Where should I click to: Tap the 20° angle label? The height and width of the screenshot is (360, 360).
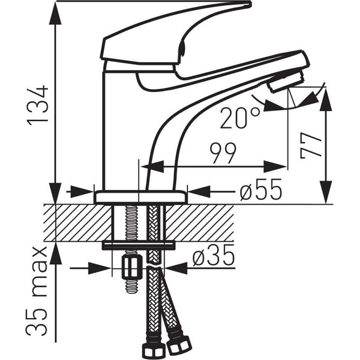[x=241, y=118]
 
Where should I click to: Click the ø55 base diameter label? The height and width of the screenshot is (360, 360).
[x=259, y=191]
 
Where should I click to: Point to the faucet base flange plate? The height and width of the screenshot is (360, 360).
[x=141, y=197]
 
